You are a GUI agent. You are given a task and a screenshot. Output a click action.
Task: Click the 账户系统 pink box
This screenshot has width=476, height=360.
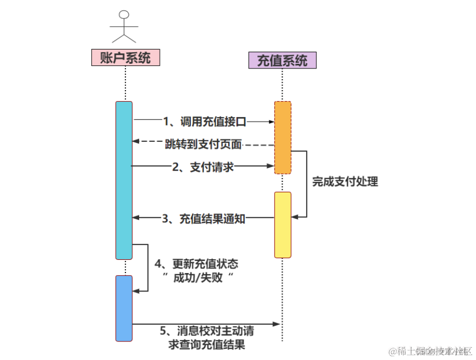(x=125, y=57)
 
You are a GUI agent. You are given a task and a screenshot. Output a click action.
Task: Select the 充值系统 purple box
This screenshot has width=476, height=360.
(x=282, y=61)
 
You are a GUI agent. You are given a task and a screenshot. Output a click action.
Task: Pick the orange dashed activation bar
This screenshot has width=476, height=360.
(x=283, y=137)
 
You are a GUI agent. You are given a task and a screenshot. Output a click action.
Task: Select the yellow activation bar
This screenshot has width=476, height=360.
(x=283, y=225)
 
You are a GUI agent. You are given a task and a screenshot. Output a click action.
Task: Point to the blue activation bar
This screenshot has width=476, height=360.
(x=124, y=308)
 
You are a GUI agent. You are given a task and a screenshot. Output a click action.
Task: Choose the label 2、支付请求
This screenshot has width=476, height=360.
(x=203, y=167)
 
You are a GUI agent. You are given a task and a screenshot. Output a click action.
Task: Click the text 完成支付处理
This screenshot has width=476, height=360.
(x=345, y=182)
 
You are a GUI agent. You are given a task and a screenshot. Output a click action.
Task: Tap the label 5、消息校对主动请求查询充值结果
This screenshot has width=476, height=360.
(x=207, y=338)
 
